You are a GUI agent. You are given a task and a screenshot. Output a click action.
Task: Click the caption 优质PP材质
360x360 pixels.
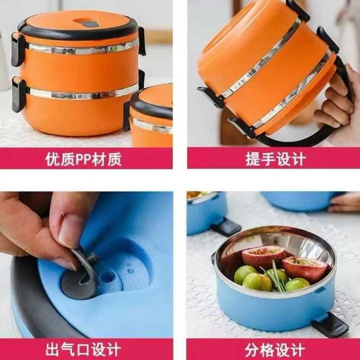[83, 159]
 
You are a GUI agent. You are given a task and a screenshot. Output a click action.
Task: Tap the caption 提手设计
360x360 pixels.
[275, 159]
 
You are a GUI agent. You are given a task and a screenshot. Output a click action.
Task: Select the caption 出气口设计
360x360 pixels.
[83, 349]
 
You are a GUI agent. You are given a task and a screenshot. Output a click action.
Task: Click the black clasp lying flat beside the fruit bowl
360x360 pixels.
[330, 324]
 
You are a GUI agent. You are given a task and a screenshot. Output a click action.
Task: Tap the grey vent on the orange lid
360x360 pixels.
[90, 23]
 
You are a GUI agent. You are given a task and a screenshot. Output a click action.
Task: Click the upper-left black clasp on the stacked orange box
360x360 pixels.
[17, 49]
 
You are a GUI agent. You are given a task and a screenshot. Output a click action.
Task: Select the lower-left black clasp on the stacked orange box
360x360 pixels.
[18, 95]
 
